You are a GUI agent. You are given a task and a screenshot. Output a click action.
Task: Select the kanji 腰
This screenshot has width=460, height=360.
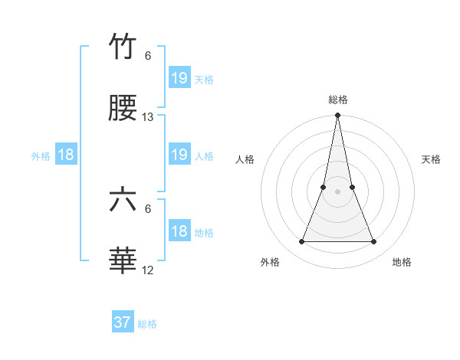[x=123, y=110]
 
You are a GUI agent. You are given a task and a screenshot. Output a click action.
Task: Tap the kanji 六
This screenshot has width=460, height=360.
[x=123, y=201]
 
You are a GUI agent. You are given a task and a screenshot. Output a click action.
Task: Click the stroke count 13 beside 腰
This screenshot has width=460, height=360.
[x=148, y=117]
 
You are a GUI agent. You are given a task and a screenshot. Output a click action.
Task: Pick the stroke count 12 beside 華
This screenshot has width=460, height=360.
[x=148, y=270]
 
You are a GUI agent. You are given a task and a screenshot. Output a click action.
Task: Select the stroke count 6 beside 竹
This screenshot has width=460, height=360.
[x=148, y=55]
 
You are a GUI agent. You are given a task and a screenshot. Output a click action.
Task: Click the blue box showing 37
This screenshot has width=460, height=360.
[x=123, y=322]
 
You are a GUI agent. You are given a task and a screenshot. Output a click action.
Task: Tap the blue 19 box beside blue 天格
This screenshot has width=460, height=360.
[x=179, y=77]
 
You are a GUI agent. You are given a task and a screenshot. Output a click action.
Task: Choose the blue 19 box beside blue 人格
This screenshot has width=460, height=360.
[x=179, y=155]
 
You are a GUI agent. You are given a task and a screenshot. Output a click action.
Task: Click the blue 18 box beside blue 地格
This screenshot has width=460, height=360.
[x=179, y=231]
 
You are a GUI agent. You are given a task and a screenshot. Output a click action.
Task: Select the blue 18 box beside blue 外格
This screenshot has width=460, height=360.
[x=67, y=155]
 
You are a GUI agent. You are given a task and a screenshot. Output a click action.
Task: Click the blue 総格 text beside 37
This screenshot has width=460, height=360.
[x=147, y=324]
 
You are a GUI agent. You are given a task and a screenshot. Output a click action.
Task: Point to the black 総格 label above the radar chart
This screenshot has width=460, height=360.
[x=338, y=100]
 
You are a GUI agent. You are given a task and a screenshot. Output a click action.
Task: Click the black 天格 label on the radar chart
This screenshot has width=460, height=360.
[x=432, y=159]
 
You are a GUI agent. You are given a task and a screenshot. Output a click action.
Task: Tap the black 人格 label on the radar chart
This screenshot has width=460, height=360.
[x=245, y=159]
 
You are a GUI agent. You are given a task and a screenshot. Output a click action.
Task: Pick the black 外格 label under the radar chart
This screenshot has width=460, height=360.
[x=270, y=262]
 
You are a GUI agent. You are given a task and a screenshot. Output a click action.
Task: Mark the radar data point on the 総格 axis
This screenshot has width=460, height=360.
[x=338, y=116]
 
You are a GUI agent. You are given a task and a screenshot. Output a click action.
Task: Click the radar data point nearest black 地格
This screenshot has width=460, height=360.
[x=374, y=242]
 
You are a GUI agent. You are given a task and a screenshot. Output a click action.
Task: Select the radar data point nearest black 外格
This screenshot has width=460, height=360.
[x=301, y=242]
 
